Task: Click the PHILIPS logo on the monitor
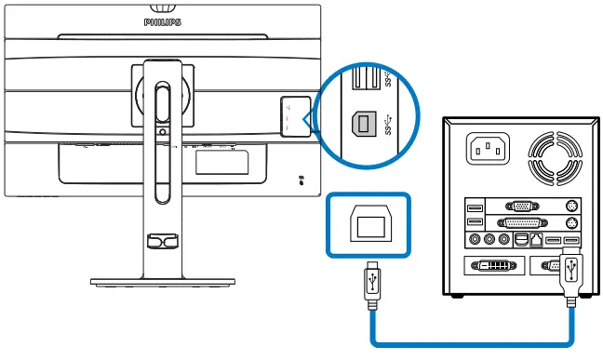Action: coord(163,18)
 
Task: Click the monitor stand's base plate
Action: coord(162,278)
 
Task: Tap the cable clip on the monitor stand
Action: coord(162,240)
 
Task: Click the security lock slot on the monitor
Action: coord(303,177)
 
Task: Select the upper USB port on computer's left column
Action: coord(475,207)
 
